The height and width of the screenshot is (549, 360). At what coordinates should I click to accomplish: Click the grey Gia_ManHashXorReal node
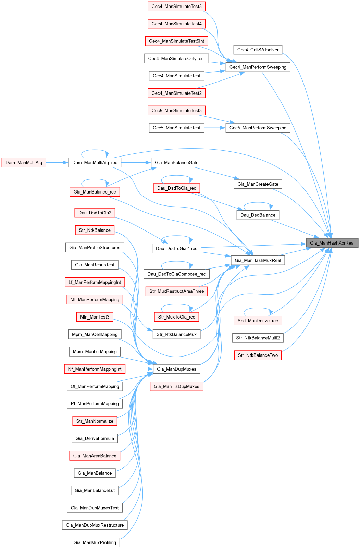click(x=332, y=243)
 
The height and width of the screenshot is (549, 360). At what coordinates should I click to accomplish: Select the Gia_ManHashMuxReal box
click(x=258, y=260)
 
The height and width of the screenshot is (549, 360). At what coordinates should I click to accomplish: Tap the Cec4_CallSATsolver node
click(x=258, y=50)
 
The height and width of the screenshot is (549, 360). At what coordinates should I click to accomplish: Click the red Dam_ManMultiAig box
click(x=24, y=162)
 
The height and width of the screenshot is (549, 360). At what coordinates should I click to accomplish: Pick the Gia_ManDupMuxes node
click(x=176, y=369)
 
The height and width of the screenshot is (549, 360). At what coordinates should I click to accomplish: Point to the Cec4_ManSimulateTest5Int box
click(x=176, y=41)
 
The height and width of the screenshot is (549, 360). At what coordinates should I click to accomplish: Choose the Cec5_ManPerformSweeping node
click(x=258, y=128)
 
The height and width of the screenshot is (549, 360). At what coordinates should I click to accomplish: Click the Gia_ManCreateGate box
click(x=258, y=184)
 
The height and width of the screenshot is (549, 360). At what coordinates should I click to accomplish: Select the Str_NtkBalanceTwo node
click(x=258, y=355)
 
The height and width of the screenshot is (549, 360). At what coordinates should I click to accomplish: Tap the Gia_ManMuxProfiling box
click(x=95, y=542)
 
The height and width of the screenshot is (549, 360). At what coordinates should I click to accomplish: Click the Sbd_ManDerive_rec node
click(x=258, y=321)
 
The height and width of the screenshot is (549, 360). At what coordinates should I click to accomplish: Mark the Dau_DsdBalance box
click(x=258, y=215)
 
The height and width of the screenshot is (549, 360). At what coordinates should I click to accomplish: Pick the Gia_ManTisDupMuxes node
click(x=176, y=386)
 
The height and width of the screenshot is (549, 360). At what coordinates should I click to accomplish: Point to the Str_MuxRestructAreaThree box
click(x=176, y=291)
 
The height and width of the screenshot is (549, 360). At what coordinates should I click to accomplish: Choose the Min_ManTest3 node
click(x=95, y=317)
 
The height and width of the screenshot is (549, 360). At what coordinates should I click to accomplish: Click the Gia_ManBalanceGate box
click(x=176, y=162)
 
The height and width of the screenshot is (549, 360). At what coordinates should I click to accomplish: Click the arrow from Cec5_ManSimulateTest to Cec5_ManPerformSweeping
click(x=215, y=128)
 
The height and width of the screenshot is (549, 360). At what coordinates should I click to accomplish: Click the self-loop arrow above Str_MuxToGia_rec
click(x=176, y=304)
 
